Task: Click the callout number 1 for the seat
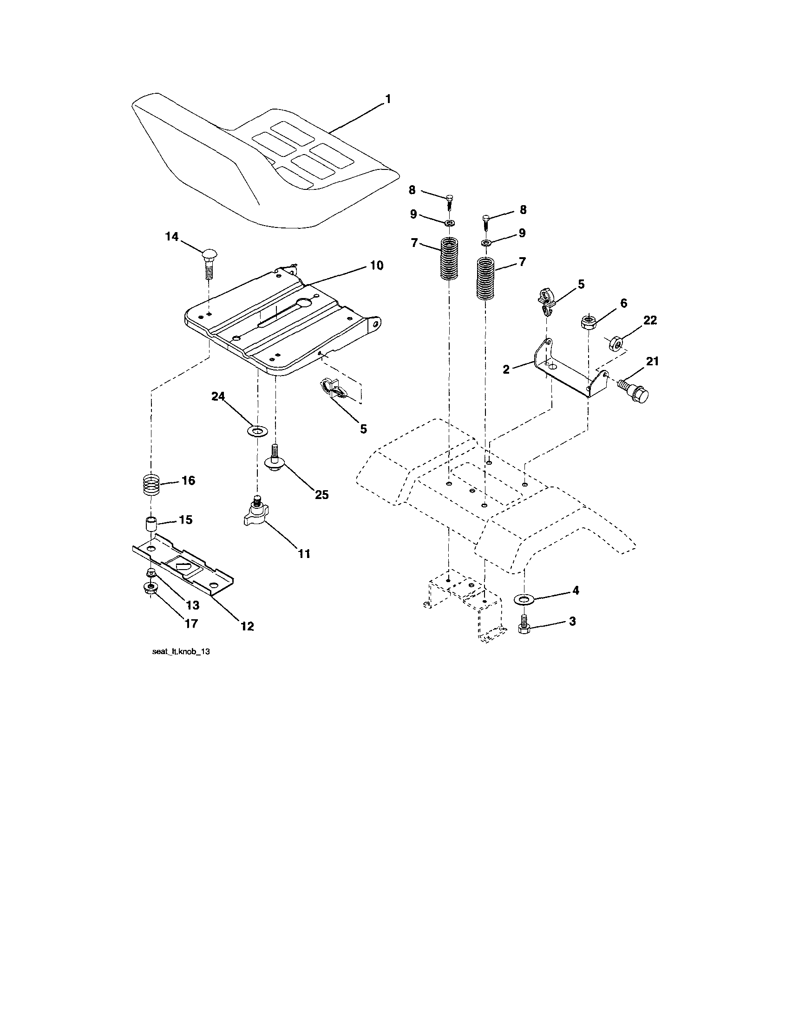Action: (387, 100)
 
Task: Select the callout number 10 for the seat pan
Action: (376, 266)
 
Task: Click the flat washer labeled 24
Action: (257, 430)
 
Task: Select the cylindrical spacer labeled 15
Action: (150, 524)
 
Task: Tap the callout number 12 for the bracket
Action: (247, 626)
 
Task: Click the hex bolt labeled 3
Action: (524, 625)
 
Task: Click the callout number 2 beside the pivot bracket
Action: (506, 370)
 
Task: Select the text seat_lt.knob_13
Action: (181, 651)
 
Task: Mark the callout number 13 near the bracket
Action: (193, 605)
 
